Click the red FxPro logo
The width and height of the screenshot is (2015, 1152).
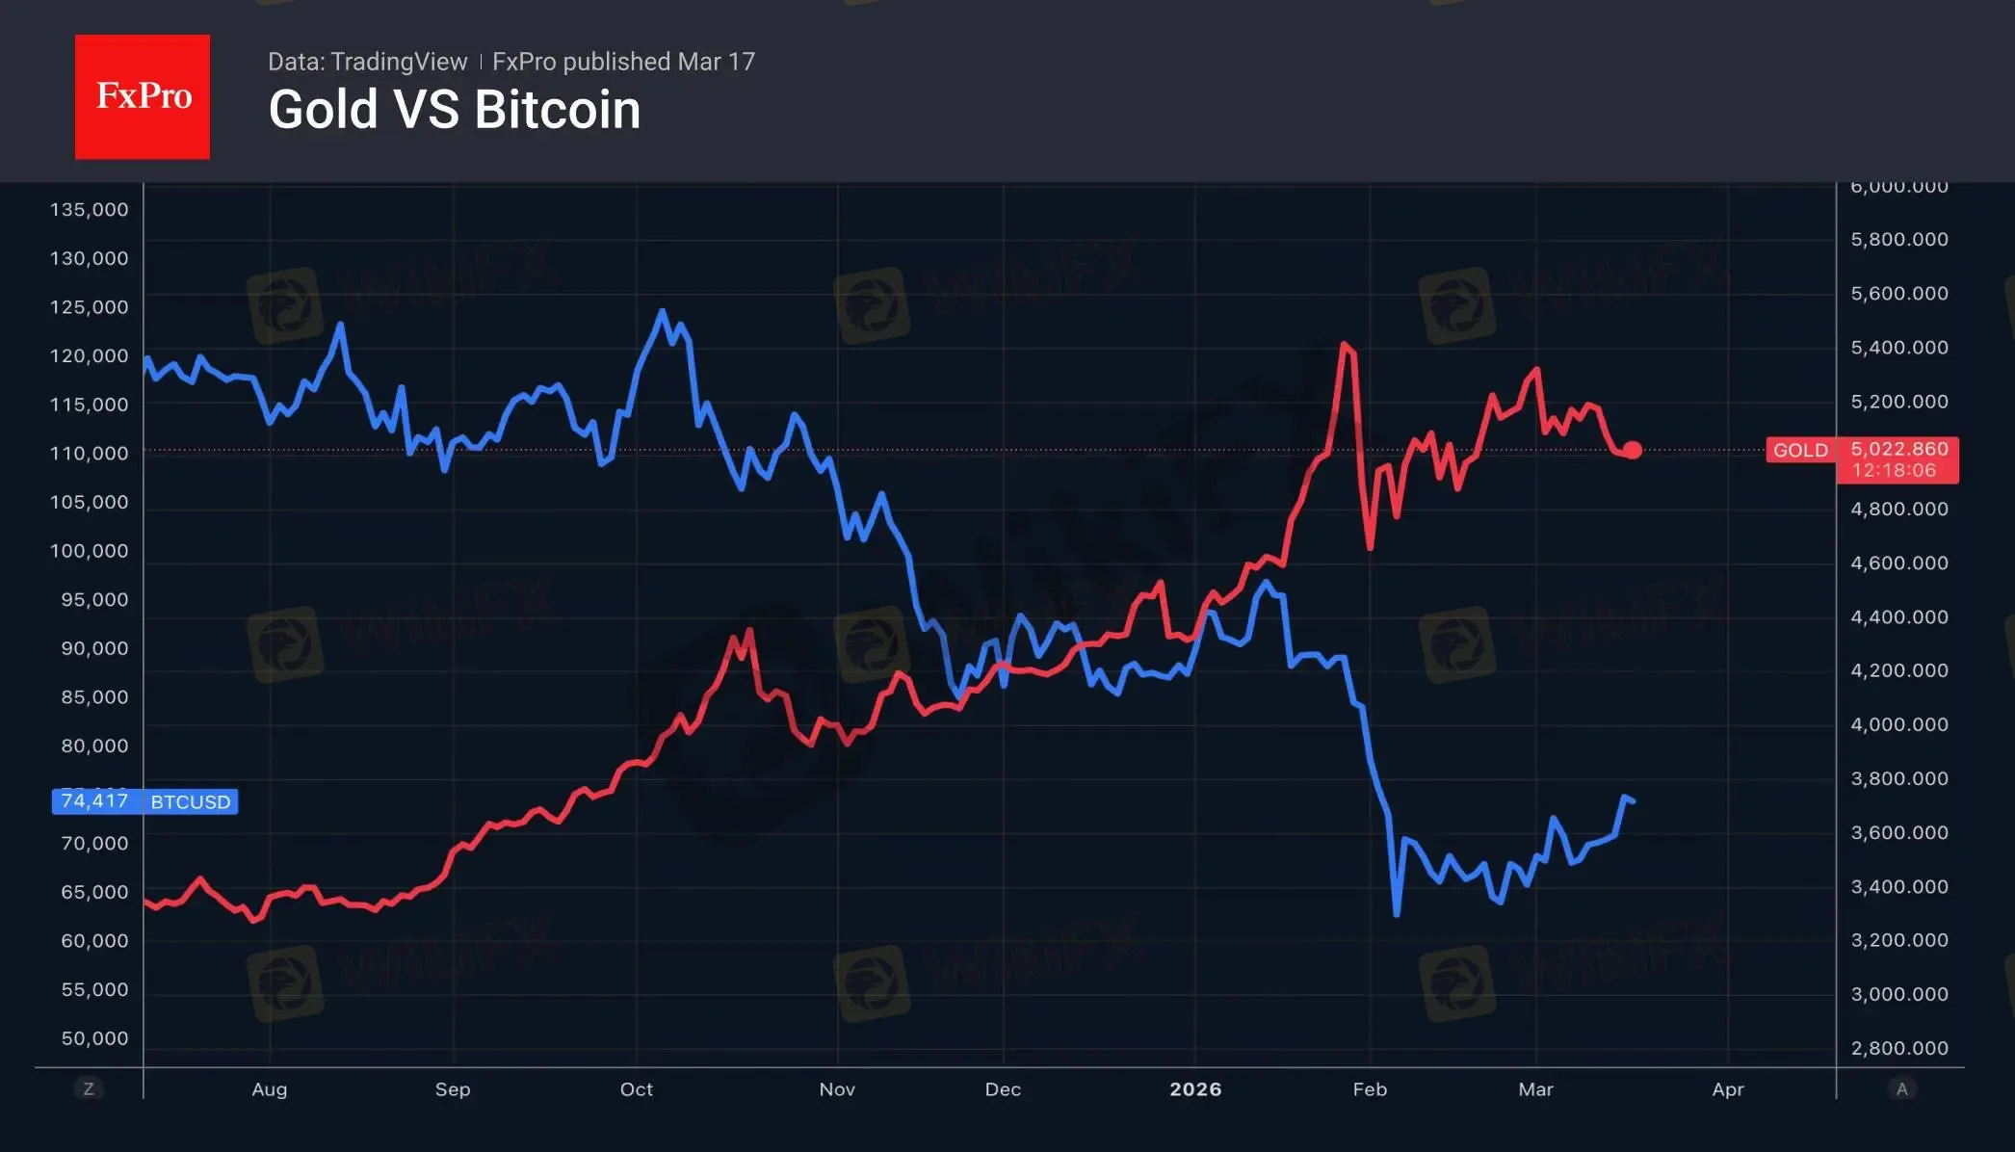click(143, 96)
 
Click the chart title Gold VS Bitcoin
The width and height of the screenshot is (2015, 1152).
click(454, 110)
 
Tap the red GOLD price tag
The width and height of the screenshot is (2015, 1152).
click(1800, 450)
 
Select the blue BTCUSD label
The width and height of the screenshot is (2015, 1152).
click(191, 801)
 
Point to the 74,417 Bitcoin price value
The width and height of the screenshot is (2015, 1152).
click(94, 800)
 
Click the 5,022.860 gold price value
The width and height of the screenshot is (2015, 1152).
click(1898, 449)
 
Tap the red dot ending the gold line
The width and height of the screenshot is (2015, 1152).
click(1633, 450)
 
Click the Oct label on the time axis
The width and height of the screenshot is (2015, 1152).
click(636, 1088)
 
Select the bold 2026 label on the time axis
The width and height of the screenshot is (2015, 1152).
click(1195, 1088)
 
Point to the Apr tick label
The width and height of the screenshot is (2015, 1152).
click(1728, 1088)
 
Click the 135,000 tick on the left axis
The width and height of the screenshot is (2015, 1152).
click(89, 209)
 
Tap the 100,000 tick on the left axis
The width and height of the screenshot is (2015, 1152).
click(89, 551)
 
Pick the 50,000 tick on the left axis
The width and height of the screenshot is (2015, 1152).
click(94, 1038)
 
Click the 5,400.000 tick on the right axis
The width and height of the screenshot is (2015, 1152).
click(1898, 347)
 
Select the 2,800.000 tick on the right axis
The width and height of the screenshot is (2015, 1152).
click(1898, 1048)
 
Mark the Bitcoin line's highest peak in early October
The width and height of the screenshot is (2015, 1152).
click(662, 311)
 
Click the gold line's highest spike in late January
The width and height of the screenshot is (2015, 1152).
click(1344, 344)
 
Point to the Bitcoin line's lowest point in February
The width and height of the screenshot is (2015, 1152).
click(1397, 913)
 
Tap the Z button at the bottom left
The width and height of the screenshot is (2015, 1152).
click(89, 1088)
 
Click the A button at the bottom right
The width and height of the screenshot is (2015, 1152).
click(1901, 1088)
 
